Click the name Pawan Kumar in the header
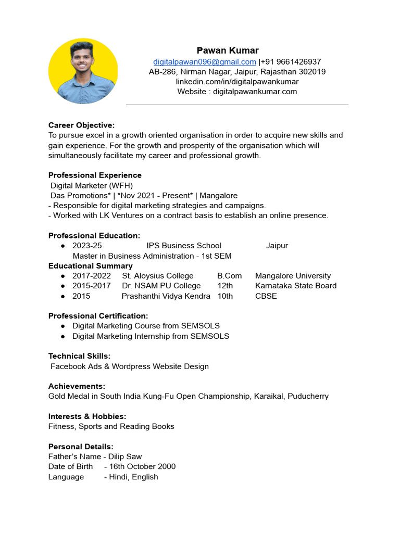pyautogui.click(x=228, y=50)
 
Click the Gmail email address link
pyautogui.click(x=204, y=61)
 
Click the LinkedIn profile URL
pyautogui.click(x=237, y=82)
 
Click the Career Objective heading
pyautogui.click(x=81, y=125)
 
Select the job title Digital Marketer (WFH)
pyautogui.click(x=92, y=185)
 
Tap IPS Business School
pyautogui.click(x=184, y=246)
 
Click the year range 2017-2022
pyautogui.click(x=92, y=276)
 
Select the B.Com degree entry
pyautogui.click(x=229, y=276)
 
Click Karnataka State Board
pyautogui.click(x=296, y=286)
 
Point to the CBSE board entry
pyautogui.click(x=266, y=296)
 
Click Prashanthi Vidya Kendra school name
pyautogui.click(x=166, y=296)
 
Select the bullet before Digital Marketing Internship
pyautogui.click(x=63, y=336)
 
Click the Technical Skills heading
pyautogui.click(x=79, y=356)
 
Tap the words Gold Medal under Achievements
pyautogui.click(x=68, y=396)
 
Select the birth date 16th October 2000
pyautogui.click(x=142, y=466)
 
